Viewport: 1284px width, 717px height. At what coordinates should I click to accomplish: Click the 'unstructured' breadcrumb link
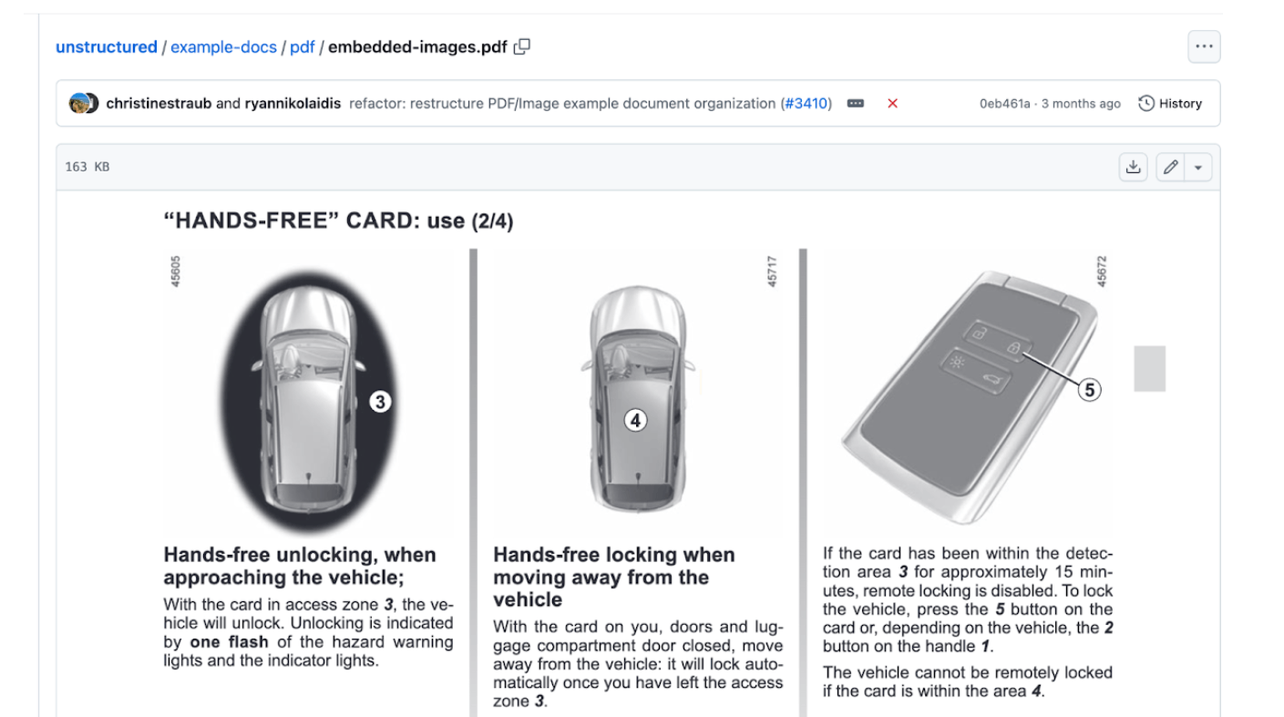tap(106, 47)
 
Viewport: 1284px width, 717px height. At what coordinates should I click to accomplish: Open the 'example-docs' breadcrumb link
tap(223, 47)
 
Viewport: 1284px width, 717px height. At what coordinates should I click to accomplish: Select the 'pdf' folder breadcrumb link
tap(302, 47)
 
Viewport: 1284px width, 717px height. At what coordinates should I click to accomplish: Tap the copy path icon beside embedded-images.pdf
tap(521, 46)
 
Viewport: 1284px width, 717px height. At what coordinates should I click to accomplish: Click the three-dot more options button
tap(1204, 46)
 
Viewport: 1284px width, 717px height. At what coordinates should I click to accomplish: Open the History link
tap(1170, 103)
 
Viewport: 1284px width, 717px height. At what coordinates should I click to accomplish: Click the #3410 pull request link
tap(806, 103)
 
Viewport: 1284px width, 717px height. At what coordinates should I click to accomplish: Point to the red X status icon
tap(892, 103)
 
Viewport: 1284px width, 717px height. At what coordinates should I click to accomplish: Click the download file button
tap(1134, 167)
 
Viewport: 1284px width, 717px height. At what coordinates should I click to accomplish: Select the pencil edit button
tap(1170, 167)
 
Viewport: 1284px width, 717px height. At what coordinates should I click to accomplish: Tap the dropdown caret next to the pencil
tap(1198, 168)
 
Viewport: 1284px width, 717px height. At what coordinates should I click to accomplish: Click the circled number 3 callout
tap(380, 402)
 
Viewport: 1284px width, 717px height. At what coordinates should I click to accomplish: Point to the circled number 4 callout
tap(635, 420)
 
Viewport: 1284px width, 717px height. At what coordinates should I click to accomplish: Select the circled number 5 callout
tap(1089, 390)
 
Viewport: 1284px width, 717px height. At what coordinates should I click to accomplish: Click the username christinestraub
tap(159, 103)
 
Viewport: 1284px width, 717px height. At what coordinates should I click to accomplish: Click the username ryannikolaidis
tap(293, 103)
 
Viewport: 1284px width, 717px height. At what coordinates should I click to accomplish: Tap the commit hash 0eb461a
tap(1004, 104)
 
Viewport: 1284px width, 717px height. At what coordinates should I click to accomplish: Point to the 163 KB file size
tap(87, 167)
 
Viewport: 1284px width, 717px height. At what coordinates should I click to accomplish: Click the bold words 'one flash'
tap(230, 641)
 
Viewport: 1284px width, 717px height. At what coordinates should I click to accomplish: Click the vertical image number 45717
tap(772, 271)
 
